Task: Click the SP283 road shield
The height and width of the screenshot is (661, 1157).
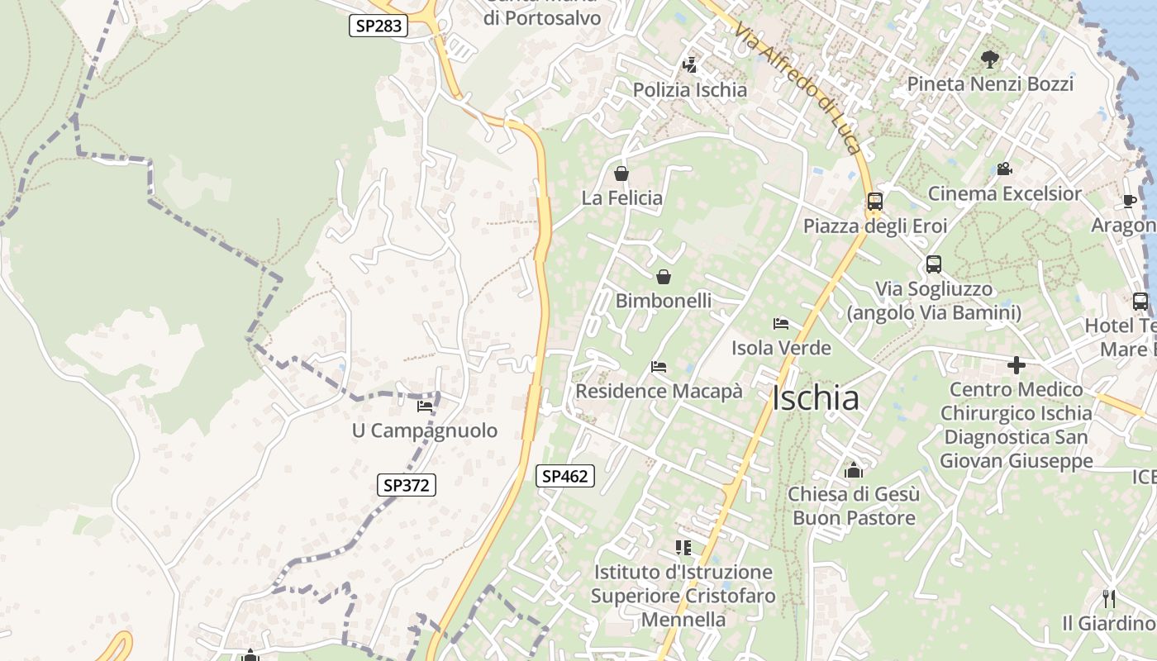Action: coord(379,26)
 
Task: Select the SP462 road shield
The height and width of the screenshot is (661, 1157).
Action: coord(565,476)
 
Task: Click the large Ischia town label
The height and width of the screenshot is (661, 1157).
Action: coord(816,398)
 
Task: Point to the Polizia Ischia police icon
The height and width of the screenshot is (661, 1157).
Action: coord(689,64)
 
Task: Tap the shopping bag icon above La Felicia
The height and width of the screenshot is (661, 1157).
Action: coord(621,174)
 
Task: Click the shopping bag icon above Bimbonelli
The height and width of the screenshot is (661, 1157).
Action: coord(663,277)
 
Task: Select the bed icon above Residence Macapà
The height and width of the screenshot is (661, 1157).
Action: coord(659,366)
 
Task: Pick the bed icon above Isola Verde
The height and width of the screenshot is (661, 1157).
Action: coord(781,323)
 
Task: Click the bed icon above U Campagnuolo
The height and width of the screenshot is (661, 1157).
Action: coord(425,406)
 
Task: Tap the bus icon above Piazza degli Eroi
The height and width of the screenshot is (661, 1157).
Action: coord(874,201)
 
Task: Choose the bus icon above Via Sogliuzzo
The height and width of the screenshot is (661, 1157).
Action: coord(934,264)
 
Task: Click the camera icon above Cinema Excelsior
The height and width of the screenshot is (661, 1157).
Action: coord(1004,169)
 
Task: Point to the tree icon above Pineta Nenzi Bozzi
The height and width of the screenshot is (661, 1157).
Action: coord(989,59)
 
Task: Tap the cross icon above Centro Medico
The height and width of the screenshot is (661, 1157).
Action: coord(1017,364)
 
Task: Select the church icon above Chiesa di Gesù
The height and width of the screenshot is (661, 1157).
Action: coord(854,470)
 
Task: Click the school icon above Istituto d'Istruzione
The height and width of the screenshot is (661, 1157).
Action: coord(683,547)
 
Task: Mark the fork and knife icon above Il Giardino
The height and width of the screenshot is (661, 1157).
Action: coord(1109,598)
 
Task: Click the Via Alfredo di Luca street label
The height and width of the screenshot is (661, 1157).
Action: coord(798,88)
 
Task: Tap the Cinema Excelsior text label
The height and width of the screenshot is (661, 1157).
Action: coord(1004,194)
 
